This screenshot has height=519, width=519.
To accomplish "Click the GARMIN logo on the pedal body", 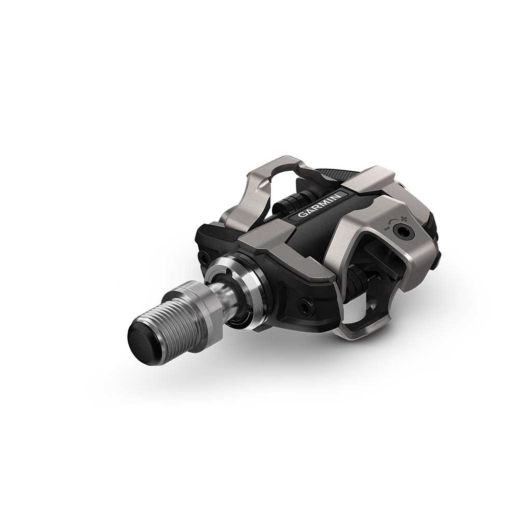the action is [x=319, y=205].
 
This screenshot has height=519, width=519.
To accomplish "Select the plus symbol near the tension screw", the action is [x=403, y=219].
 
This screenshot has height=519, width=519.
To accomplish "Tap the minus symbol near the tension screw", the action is [x=386, y=228].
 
